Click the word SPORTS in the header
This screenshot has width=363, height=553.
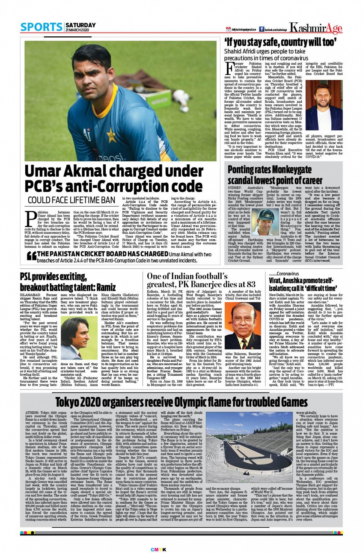[x=42, y=27]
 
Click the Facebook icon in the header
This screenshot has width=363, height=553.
[x=261, y=29]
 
